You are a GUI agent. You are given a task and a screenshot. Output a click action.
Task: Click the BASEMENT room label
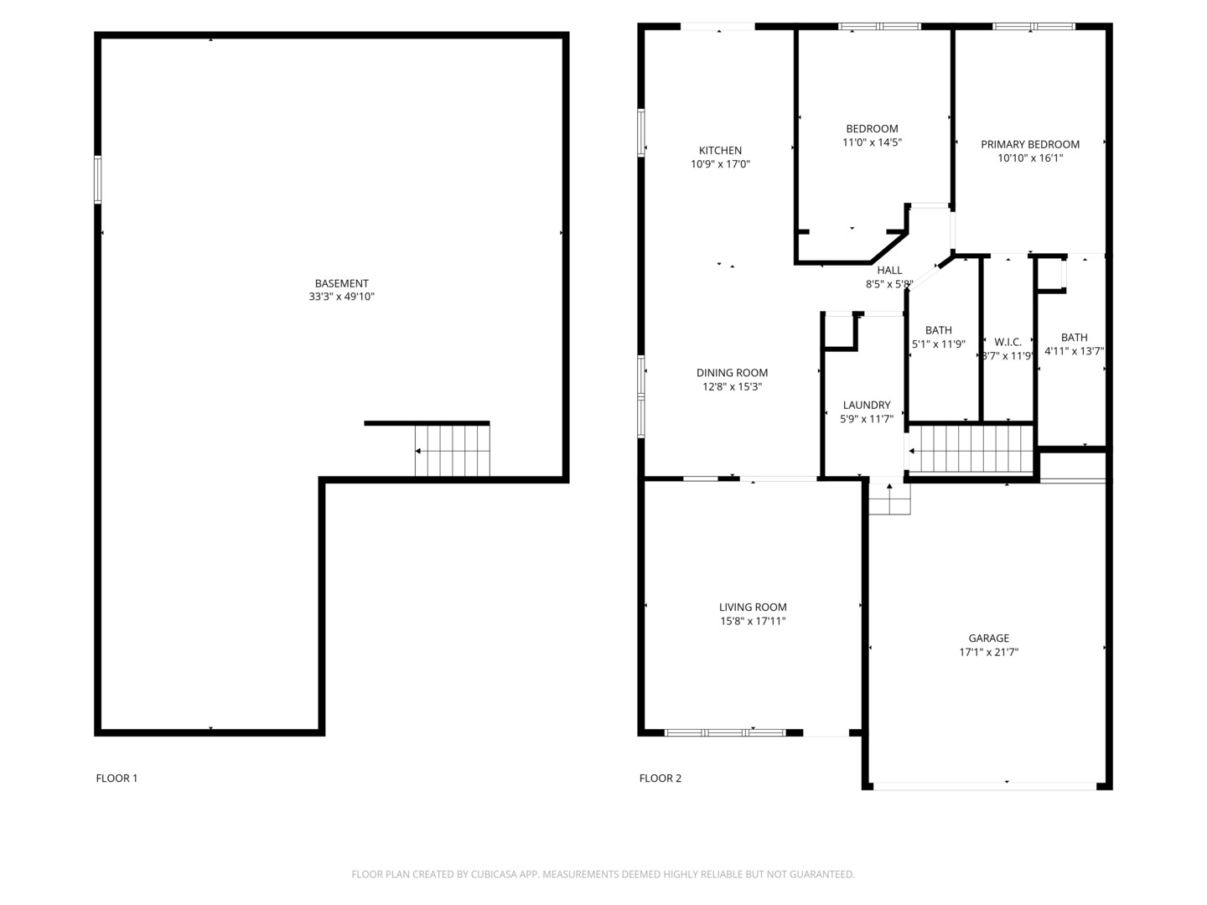pos(341,283)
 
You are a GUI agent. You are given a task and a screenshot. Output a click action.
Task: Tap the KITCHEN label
pos(720,151)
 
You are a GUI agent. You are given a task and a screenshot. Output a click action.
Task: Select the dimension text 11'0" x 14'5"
pos(872,142)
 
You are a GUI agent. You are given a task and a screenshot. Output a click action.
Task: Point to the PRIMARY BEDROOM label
pos(1029,144)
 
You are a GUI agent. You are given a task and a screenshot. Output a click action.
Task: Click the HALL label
pos(889,271)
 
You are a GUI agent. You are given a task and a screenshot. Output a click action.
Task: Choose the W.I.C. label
pos(1008,343)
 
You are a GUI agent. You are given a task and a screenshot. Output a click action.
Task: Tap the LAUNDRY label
pos(866,405)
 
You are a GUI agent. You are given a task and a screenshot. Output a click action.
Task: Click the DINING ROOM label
pos(732,373)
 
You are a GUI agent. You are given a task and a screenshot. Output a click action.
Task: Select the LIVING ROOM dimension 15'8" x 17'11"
pos(752,621)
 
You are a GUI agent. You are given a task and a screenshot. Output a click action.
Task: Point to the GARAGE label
pos(988,638)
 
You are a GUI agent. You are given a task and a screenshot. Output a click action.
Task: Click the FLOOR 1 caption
pos(117,778)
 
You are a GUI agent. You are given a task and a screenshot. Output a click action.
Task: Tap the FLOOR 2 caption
pos(660,778)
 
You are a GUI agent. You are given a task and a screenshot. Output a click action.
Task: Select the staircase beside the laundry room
pos(971,449)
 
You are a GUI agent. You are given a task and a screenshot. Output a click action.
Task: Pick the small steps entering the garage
pos(889,499)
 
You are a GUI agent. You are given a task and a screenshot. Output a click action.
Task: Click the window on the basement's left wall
pos(98,179)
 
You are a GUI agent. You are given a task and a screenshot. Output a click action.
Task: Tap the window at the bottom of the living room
pos(725,732)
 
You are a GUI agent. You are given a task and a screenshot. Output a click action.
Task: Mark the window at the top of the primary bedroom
pos(1033,26)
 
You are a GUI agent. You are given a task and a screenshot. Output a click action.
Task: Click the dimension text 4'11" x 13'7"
pos(1074,351)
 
